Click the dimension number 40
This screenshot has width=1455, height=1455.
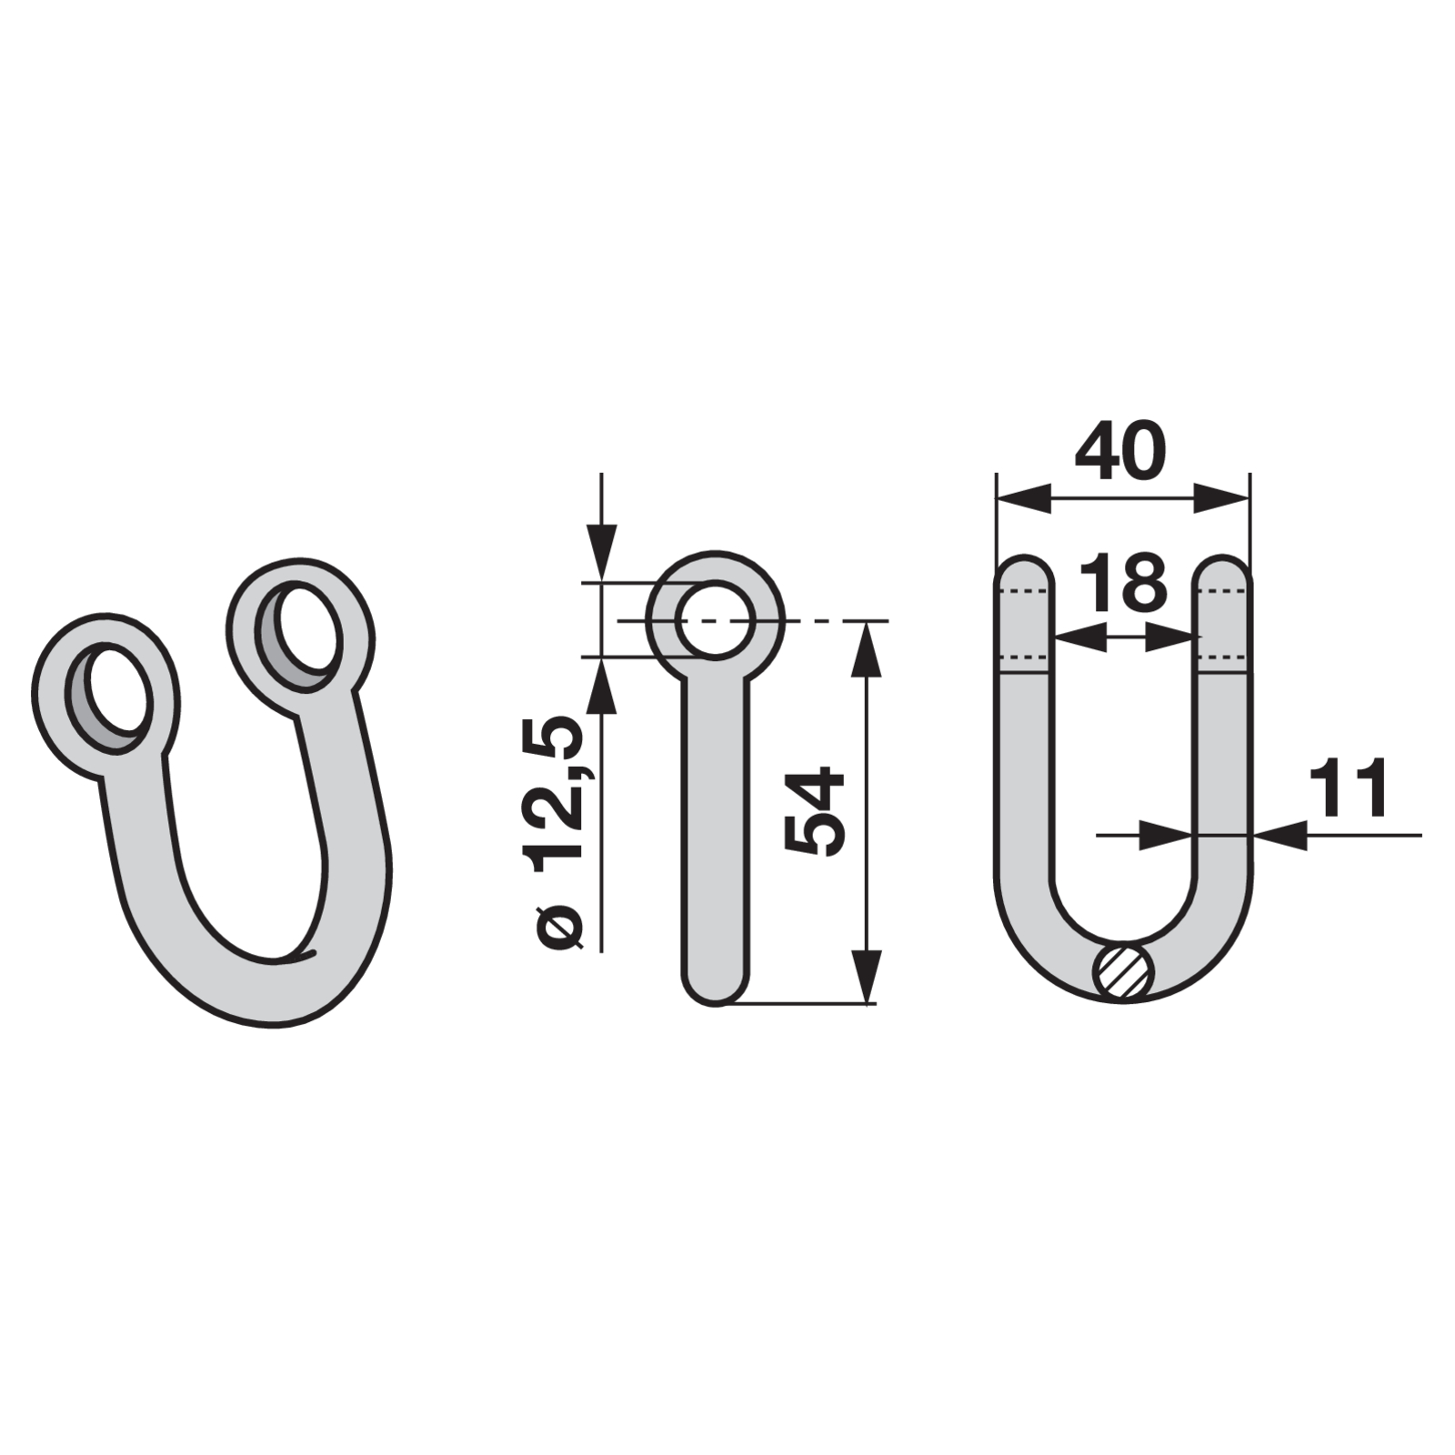point(1119,450)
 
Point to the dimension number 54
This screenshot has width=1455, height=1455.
point(815,810)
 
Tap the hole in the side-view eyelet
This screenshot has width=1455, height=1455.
point(715,618)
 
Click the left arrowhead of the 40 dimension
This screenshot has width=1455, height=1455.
point(1023,497)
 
